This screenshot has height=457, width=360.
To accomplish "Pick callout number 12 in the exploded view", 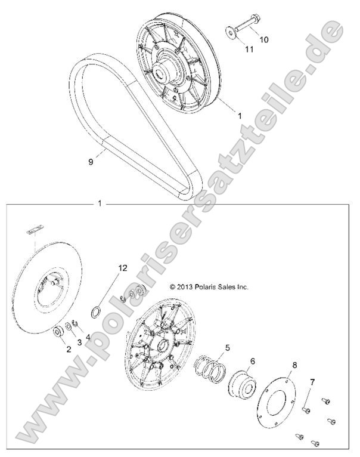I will click(122, 268).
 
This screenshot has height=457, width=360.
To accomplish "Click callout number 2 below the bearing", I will click(68, 350).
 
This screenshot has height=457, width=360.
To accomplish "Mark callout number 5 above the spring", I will click(226, 347).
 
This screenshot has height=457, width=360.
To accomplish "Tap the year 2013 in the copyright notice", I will click(185, 286).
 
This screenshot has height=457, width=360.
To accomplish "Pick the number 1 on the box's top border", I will click(99, 204).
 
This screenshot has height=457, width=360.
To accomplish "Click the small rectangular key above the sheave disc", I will click(36, 227).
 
